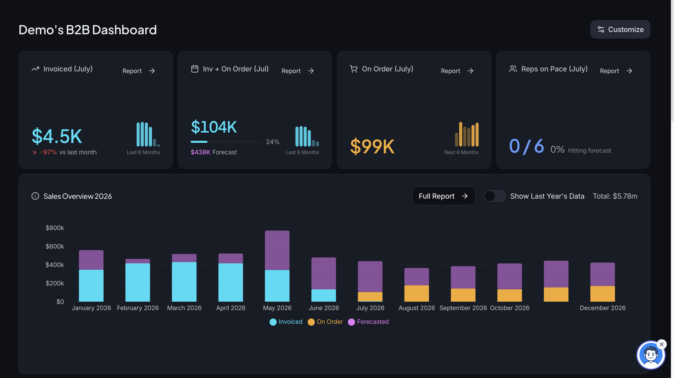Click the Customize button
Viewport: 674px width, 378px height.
[x=620, y=29]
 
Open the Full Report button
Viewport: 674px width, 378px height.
[x=443, y=196]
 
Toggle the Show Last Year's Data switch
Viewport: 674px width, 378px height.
[x=495, y=196]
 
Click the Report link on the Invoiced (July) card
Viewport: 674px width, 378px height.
[x=139, y=71]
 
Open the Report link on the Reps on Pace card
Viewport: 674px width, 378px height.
[x=616, y=71]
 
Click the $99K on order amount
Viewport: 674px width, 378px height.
[x=372, y=146]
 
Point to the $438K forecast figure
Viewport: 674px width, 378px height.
[x=200, y=152]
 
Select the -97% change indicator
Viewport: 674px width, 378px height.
[x=48, y=152]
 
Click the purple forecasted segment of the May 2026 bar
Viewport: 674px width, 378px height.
[x=277, y=250]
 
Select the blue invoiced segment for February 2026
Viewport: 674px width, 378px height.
[x=138, y=282]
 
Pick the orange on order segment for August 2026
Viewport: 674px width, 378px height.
[x=417, y=293]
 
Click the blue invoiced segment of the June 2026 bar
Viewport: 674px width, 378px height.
[x=324, y=296]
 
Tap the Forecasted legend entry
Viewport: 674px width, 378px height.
[x=368, y=322]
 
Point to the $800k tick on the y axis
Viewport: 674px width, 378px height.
[x=55, y=228]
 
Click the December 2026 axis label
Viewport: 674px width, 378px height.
[x=603, y=308]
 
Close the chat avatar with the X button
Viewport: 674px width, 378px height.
[x=662, y=344]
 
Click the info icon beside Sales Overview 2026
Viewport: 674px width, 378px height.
[x=35, y=196]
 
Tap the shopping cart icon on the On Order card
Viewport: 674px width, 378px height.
[x=354, y=69]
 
